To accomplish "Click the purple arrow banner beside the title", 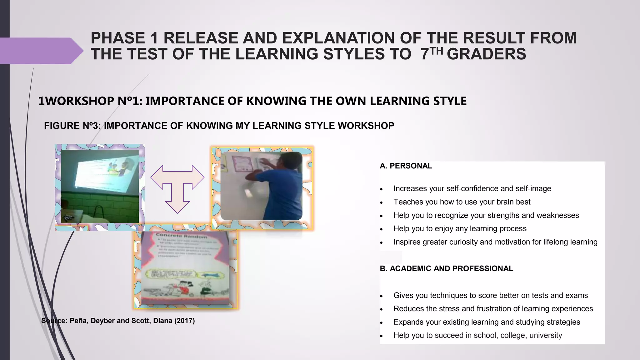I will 41,51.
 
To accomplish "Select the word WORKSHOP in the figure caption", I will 366,126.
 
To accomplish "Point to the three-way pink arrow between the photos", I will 177,187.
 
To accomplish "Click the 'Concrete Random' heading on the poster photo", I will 181,236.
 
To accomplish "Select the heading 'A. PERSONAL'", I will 406,166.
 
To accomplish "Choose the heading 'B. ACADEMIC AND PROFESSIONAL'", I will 446,268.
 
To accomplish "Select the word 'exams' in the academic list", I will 578,296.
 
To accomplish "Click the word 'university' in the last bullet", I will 546,336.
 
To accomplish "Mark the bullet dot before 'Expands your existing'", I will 381,323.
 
